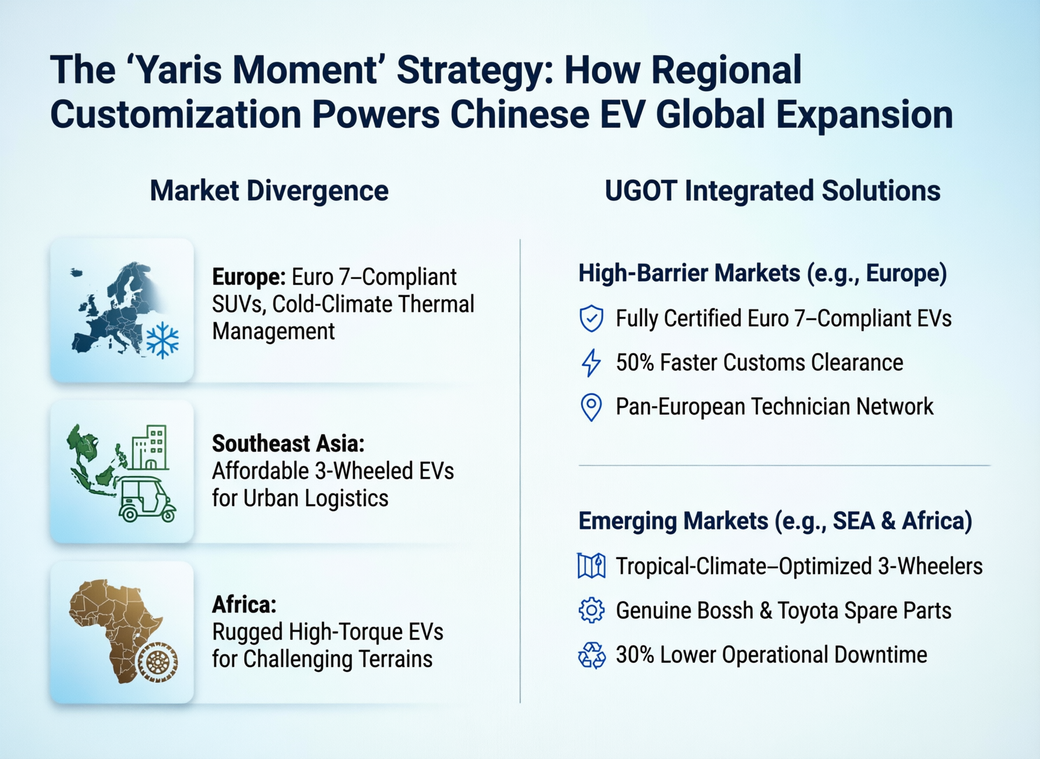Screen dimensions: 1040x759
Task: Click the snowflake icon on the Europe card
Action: point(162,340)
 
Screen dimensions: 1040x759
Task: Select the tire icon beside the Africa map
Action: point(158,661)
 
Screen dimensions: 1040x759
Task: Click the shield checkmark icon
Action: point(591,318)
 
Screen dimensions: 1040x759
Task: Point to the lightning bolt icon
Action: point(591,362)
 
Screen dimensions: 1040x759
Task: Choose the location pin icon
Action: point(591,407)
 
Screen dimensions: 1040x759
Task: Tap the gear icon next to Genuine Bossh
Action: point(592,610)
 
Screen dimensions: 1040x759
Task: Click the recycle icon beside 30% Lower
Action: point(592,655)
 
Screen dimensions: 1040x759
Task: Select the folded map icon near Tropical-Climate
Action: point(591,566)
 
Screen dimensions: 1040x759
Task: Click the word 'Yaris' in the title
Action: point(180,70)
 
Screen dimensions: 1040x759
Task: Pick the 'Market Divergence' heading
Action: point(269,191)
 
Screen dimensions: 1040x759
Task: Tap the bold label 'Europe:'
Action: point(249,277)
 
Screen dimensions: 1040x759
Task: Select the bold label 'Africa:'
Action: point(244,605)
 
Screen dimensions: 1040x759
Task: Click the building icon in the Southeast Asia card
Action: point(148,448)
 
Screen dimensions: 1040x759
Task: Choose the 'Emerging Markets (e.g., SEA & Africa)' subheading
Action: point(775,521)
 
